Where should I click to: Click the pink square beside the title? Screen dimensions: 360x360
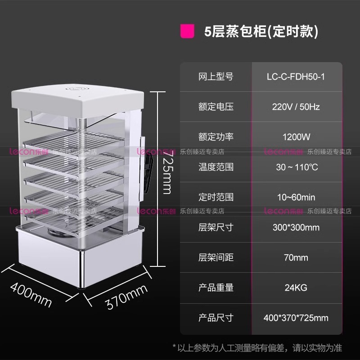tap(188, 32)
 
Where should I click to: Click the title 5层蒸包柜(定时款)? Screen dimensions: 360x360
tap(261, 32)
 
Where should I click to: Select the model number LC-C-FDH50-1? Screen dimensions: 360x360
tap(296, 77)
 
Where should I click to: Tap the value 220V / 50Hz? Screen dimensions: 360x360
tap(296, 107)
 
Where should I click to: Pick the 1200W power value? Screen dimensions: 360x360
tap(296, 137)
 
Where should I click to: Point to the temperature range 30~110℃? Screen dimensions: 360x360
tap(296, 167)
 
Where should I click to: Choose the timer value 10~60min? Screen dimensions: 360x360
tap(296, 197)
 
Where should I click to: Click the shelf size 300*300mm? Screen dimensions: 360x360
tap(296, 227)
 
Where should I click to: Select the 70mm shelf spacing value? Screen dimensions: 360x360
tap(296, 257)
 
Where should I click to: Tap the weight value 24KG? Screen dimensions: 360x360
tap(296, 288)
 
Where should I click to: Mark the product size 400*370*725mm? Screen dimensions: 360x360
tap(296, 318)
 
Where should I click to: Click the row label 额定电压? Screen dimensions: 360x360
tap(216, 107)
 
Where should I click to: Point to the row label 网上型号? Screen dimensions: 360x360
tap(216, 77)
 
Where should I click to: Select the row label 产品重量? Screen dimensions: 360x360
tap(216, 288)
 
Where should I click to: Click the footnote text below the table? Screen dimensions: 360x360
tap(257, 347)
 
